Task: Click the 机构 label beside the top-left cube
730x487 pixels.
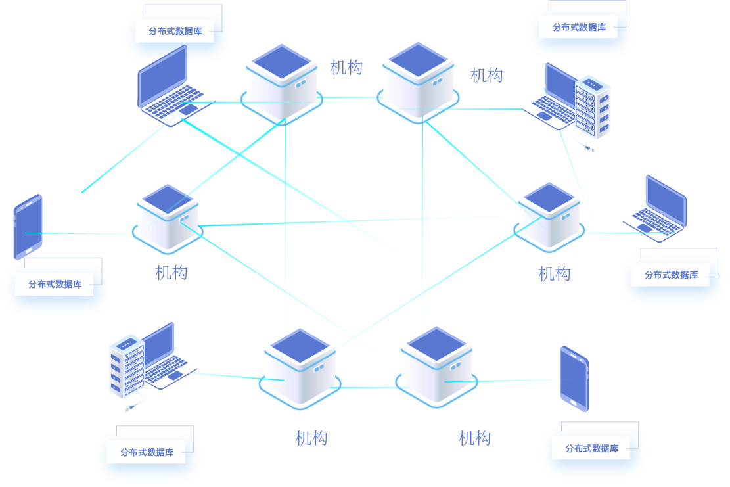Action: [346, 67]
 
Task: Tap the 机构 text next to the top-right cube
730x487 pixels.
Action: [486, 76]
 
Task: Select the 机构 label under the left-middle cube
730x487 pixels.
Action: [171, 272]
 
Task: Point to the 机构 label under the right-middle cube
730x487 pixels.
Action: [554, 273]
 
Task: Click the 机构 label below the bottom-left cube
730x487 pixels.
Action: [311, 438]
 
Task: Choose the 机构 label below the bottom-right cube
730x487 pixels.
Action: [474, 438]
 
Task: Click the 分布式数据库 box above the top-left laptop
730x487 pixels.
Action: [175, 31]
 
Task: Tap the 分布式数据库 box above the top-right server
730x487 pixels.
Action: [579, 27]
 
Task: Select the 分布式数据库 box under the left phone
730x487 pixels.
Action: [55, 285]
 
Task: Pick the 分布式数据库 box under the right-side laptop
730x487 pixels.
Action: [670, 275]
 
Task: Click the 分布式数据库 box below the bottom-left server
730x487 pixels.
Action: [147, 452]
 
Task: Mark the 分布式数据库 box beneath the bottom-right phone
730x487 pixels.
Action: [591, 448]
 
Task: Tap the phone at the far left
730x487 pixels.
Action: [28, 226]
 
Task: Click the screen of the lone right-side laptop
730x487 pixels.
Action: [665, 198]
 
